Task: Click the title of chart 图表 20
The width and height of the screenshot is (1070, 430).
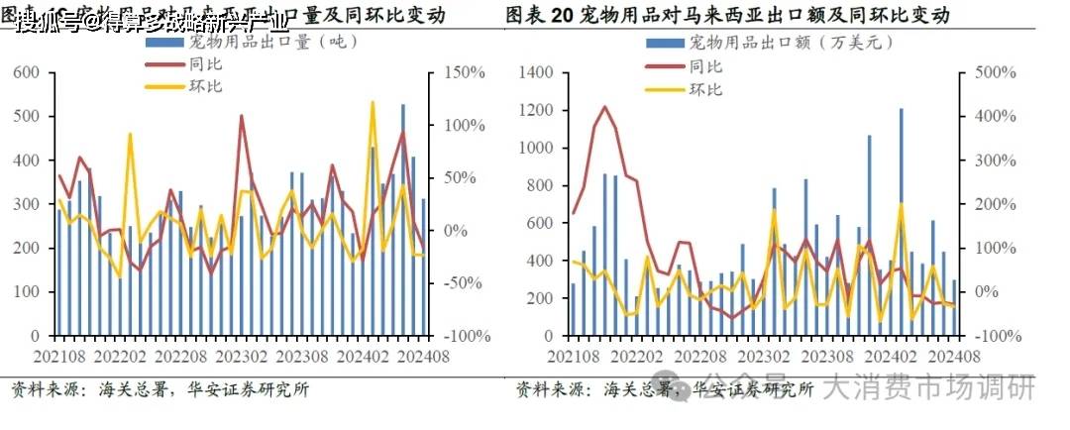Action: (x=727, y=15)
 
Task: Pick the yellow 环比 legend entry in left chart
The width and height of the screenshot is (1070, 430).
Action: (x=204, y=87)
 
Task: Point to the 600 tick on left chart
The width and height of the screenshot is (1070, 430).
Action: (x=27, y=73)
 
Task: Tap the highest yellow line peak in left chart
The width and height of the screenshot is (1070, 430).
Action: (x=373, y=102)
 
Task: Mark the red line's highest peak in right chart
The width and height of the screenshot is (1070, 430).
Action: (x=605, y=106)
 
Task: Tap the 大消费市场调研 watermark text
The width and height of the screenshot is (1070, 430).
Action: (x=929, y=387)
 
